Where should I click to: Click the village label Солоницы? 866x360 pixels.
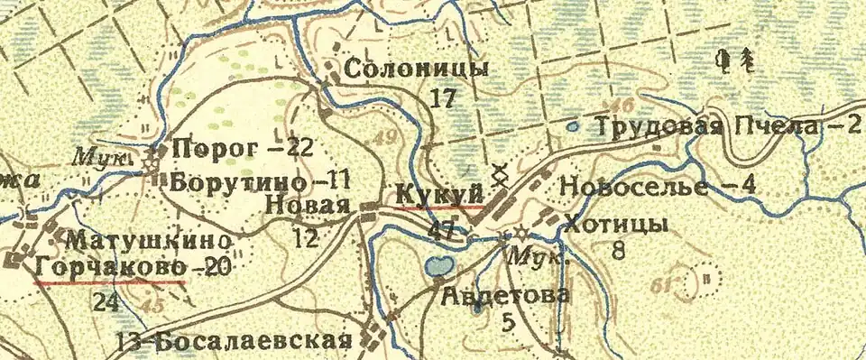point(417,69)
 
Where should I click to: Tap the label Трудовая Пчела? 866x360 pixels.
point(704,127)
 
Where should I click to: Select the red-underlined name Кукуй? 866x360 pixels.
point(438,193)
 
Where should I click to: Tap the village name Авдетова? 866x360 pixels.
point(505,295)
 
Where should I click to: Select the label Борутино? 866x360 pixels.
point(229,178)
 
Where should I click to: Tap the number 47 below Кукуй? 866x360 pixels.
point(443,230)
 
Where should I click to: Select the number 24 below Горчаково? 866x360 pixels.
point(106,302)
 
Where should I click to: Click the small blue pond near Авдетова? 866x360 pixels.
point(438,266)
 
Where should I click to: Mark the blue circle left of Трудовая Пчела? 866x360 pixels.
point(572,127)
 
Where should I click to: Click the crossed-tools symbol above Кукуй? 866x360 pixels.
point(496,173)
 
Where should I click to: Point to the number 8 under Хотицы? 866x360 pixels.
point(618,250)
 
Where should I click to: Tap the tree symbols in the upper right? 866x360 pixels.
point(735,60)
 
